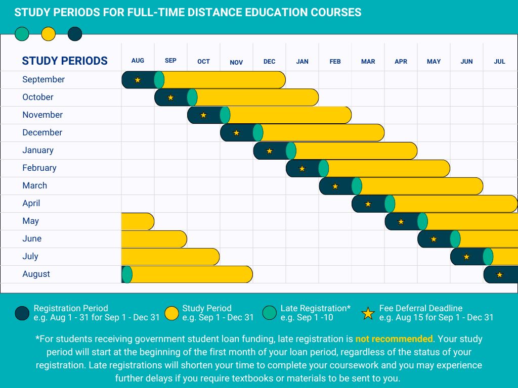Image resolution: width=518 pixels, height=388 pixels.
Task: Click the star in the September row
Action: tap(138, 80)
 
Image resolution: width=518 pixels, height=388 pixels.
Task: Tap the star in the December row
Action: tap(236, 133)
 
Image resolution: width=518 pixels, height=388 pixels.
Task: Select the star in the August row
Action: tap(500, 275)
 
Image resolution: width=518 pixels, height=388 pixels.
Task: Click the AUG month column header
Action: tap(138, 61)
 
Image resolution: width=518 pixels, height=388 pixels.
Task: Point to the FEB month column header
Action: tap(335, 62)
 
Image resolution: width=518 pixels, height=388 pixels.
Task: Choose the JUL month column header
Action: tap(499, 62)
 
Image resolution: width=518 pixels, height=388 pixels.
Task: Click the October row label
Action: tap(38, 97)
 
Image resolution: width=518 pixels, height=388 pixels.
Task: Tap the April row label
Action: tap(31, 203)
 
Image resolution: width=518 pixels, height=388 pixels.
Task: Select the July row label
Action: tap(30, 256)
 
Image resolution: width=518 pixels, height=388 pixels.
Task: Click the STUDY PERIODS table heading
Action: tap(65, 61)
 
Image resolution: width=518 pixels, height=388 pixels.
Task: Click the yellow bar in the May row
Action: tap(138, 221)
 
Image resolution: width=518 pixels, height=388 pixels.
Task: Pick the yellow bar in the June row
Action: tap(154, 239)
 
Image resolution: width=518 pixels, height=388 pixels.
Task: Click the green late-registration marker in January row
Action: tap(291, 151)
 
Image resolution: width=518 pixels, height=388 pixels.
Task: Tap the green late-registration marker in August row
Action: tap(127, 274)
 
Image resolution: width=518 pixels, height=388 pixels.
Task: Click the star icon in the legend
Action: tap(368, 313)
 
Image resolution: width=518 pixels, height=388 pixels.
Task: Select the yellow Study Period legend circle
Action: tap(172, 313)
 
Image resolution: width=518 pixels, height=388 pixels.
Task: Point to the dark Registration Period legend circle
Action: tap(22, 313)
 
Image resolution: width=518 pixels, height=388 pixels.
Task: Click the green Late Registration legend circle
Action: tap(270, 313)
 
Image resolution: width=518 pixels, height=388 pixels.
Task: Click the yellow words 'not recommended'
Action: tap(394, 338)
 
